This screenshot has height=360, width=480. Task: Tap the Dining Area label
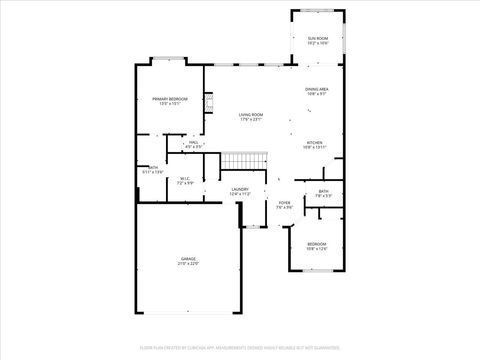coord(318,90)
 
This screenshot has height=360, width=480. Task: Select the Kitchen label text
coord(315,142)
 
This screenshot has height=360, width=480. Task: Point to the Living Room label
coord(250,115)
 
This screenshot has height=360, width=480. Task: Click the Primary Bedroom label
coord(170,99)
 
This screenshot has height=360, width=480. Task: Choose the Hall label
coord(194,142)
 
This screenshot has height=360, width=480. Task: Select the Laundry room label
coord(240,188)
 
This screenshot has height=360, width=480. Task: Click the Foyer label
coord(284,203)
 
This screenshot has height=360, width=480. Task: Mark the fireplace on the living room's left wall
coord(209,102)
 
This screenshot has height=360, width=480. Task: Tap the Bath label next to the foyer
coord(323,191)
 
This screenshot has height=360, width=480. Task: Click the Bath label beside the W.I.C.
coord(153,167)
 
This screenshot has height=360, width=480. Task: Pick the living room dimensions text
coord(250,120)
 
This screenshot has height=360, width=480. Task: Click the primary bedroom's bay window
coord(168,59)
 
